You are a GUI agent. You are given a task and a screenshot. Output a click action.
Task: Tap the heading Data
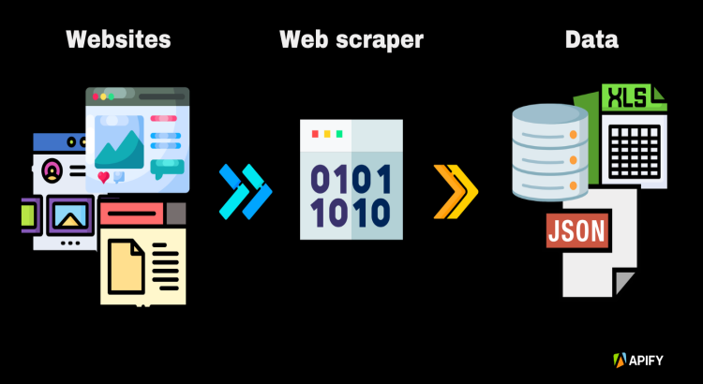(591, 40)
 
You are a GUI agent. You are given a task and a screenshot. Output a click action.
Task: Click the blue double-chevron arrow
(245, 190)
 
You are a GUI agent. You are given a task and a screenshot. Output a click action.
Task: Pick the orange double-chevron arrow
(456, 190)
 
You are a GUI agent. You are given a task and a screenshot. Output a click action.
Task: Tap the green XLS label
(626, 97)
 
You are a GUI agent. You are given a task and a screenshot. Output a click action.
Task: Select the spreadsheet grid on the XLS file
(634, 145)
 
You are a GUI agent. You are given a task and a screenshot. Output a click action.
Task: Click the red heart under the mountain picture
(103, 176)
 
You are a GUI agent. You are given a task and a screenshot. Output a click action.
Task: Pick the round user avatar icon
(52, 170)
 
